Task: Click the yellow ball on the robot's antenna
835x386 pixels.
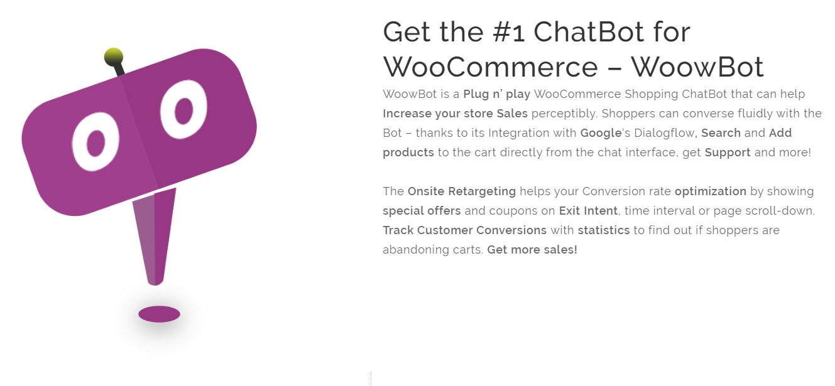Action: (x=113, y=56)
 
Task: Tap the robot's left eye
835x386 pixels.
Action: (x=96, y=142)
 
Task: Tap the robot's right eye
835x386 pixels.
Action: (x=183, y=110)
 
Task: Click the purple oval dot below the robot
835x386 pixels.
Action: (x=159, y=314)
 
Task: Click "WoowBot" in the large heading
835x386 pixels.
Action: (x=697, y=67)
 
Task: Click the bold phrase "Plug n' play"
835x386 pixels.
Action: (x=496, y=94)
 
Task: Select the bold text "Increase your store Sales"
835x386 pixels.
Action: (x=455, y=114)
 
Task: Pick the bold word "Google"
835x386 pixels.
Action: (x=601, y=133)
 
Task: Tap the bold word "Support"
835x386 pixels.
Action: (x=728, y=153)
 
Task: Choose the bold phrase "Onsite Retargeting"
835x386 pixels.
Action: (x=461, y=191)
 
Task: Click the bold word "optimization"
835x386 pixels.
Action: (x=710, y=191)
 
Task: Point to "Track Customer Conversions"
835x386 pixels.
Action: (x=464, y=230)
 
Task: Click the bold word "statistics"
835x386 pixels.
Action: (x=603, y=230)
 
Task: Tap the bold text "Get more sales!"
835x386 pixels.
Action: (x=532, y=250)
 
